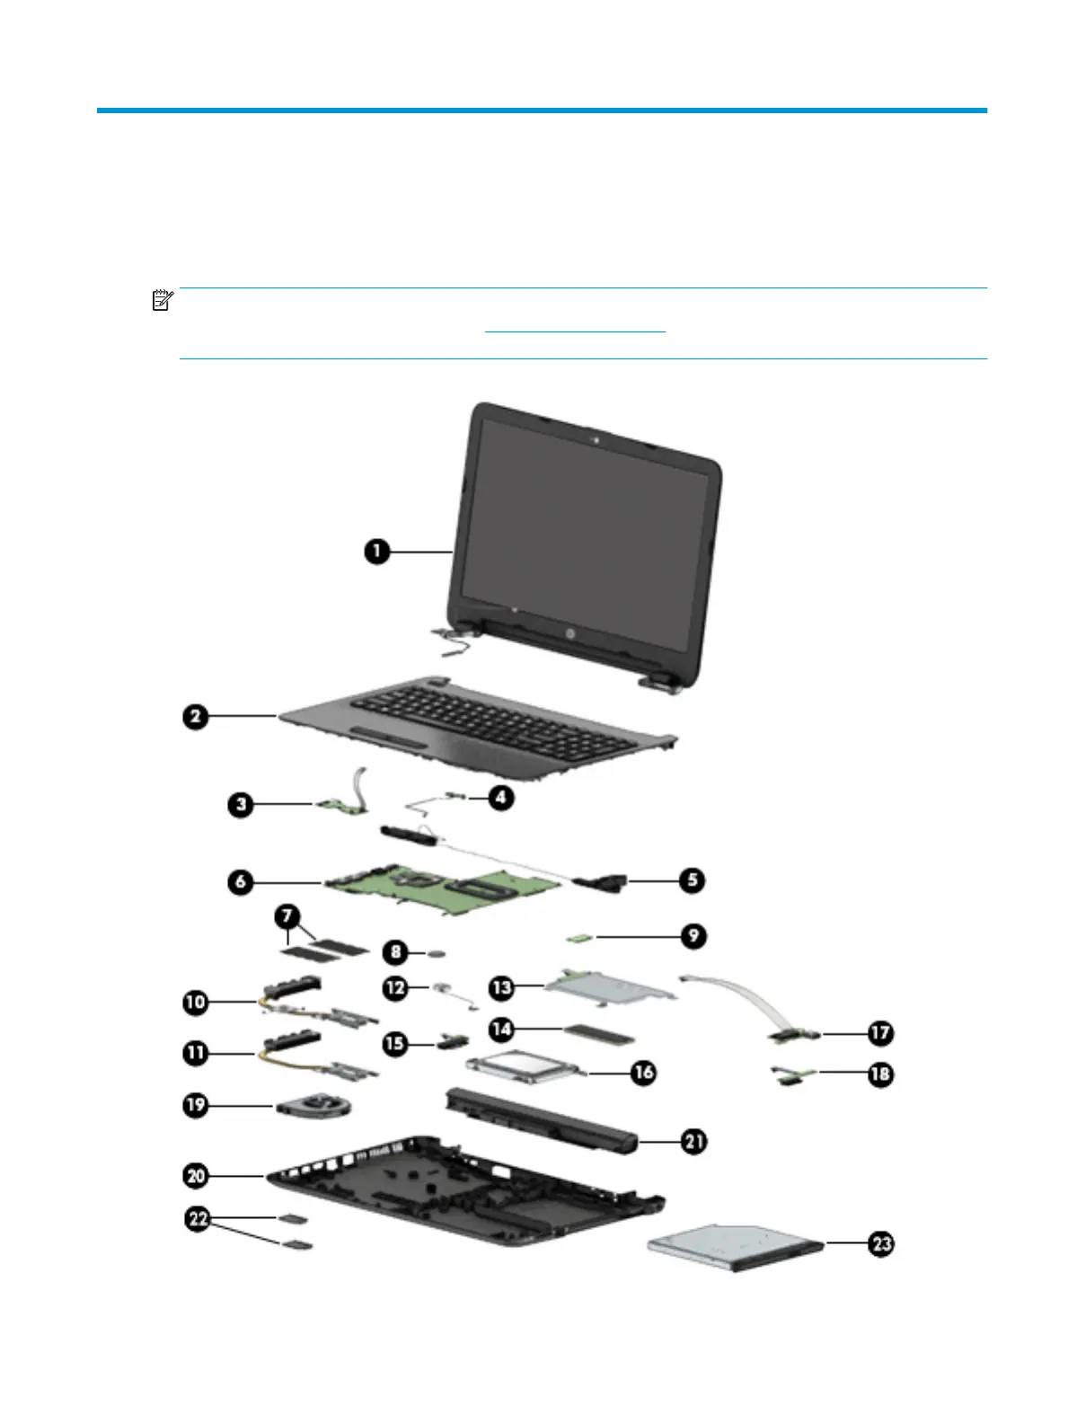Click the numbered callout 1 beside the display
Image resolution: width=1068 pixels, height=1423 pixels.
tap(377, 551)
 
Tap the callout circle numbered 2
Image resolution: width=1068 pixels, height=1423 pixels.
tap(196, 716)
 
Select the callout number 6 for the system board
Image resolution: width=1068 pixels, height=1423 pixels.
tap(241, 881)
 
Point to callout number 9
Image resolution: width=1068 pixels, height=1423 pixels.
tap(693, 936)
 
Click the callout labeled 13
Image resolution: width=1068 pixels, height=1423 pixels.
tap(502, 986)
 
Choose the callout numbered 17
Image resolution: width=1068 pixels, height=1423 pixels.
tap(881, 1033)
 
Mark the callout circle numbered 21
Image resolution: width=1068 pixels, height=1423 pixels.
tap(693, 1142)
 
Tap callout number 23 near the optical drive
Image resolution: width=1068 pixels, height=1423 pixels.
tap(882, 1243)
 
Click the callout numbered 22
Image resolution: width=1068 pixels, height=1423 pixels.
tap(198, 1219)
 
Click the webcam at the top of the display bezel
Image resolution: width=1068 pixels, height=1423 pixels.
tap(596, 440)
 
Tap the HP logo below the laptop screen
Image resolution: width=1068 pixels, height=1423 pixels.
tap(569, 633)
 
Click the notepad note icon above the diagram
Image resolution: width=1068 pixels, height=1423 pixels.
tap(163, 300)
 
